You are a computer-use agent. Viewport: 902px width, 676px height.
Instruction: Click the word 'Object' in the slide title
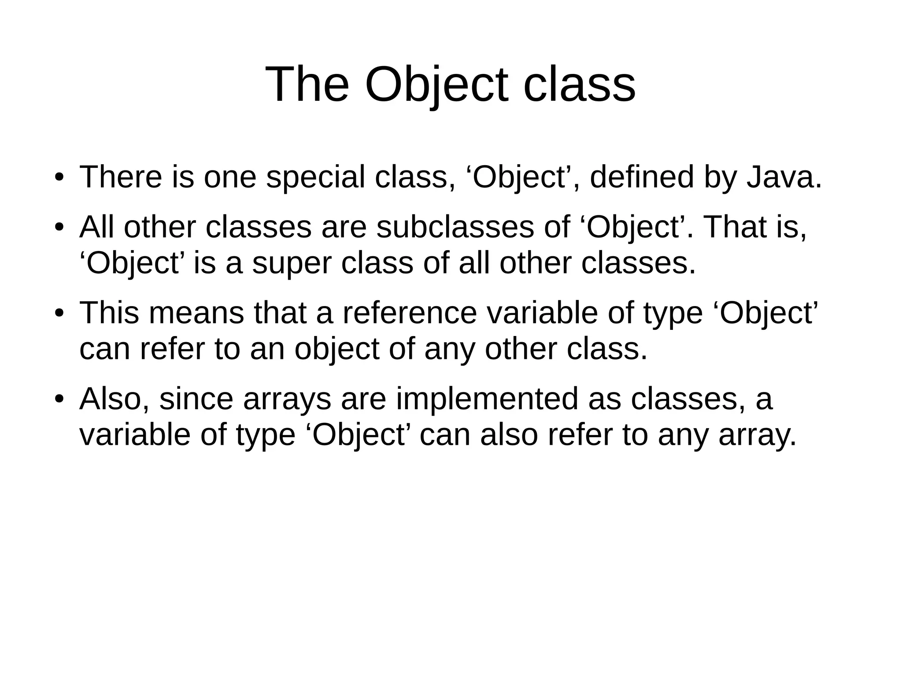(x=436, y=85)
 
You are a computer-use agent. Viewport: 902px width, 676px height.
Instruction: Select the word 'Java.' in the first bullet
(x=784, y=177)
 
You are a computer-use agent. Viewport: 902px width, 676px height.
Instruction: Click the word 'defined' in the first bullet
(x=641, y=177)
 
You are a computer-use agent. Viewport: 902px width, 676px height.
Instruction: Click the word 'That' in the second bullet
(x=732, y=227)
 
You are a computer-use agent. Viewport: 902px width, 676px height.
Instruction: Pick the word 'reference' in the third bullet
(x=409, y=313)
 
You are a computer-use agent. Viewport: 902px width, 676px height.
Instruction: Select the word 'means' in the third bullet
(x=196, y=313)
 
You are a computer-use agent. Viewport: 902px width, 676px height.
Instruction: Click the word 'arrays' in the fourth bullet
(x=287, y=399)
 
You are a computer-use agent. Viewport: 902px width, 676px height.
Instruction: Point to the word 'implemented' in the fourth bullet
(x=487, y=399)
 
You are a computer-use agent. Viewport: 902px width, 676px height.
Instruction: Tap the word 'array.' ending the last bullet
(x=757, y=435)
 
